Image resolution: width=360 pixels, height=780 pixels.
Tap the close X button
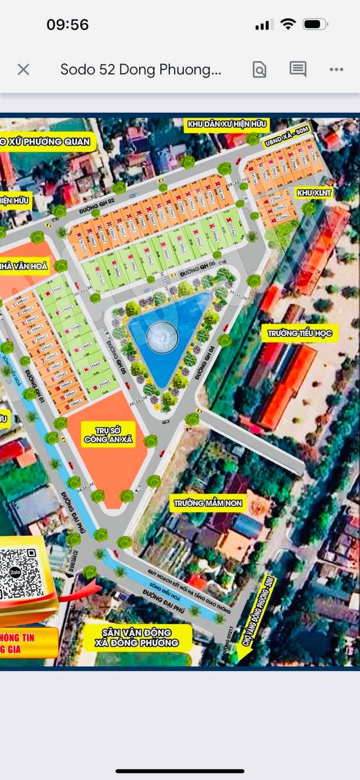tap(23, 69)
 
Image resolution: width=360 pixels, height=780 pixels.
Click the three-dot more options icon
tap(336, 69)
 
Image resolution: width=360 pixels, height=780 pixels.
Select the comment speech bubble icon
tap(298, 69)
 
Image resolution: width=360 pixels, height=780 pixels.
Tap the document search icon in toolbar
tap(259, 69)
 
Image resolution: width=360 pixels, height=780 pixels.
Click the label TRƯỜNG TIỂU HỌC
tap(299, 333)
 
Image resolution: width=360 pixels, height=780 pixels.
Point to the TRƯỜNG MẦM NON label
tap(208, 503)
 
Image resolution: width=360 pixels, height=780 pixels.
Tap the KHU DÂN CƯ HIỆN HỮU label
tap(226, 124)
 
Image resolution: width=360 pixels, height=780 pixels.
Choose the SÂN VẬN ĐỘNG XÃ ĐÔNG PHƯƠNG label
tap(137, 637)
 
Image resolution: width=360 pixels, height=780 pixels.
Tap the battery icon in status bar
tap(314, 24)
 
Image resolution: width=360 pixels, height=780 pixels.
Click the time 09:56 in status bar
tap(67, 24)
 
